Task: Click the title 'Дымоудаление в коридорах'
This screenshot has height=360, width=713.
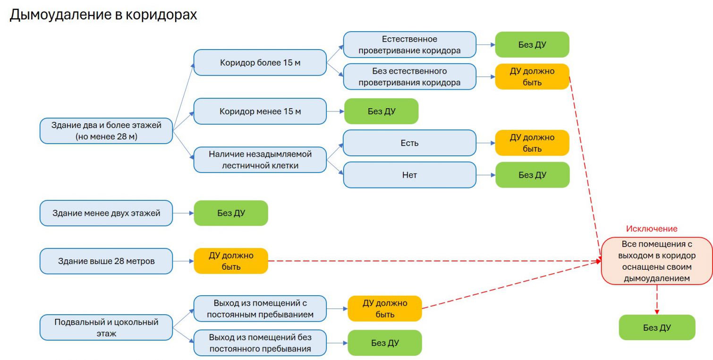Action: click(x=103, y=15)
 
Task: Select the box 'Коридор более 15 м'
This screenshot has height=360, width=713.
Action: click(x=260, y=62)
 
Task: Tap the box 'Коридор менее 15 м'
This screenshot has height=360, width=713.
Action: click(x=260, y=111)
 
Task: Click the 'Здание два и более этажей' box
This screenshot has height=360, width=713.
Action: click(x=106, y=131)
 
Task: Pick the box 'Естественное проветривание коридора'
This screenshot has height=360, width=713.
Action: click(x=409, y=45)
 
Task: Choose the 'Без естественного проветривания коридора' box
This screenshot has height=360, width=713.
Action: click(x=409, y=77)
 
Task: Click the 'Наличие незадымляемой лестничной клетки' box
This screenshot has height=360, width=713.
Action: click(x=260, y=160)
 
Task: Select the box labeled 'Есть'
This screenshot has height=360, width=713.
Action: click(x=409, y=143)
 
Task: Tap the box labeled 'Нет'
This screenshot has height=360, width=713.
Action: click(x=409, y=175)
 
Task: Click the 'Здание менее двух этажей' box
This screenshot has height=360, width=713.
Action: click(x=106, y=213)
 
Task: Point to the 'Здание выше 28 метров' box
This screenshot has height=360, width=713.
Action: click(x=106, y=261)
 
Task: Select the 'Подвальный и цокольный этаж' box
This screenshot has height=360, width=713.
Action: click(x=106, y=327)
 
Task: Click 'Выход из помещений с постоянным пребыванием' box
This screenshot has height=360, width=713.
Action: click(x=260, y=308)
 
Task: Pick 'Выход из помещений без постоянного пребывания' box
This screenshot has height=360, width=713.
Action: click(x=260, y=343)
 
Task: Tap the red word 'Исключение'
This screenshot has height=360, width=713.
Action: click(x=651, y=229)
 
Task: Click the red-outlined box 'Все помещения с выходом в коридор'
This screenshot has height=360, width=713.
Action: click(x=656, y=261)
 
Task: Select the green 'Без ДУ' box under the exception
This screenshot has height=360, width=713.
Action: click(x=657, y=327)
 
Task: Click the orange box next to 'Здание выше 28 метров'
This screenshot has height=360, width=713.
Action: click(x=231, y=261)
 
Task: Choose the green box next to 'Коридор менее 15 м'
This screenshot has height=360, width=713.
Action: click(x=381, y=111)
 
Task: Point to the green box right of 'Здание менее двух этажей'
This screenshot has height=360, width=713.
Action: click(x=231, y=213)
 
